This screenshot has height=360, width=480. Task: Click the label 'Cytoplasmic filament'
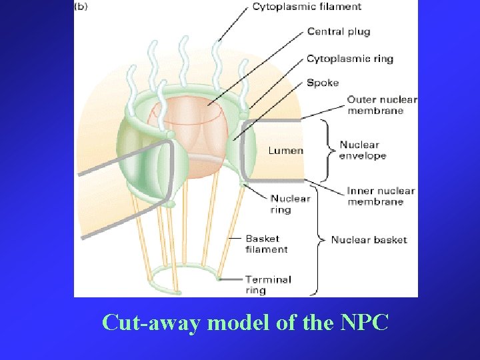pos(307,7)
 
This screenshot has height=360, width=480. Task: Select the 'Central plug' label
pos(338,31)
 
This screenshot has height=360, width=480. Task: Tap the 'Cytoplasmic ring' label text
pos(349,59)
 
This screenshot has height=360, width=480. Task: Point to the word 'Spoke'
pos(323,83)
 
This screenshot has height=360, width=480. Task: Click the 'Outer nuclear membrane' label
pos(381,105)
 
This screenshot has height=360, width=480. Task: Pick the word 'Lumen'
pos(285,151)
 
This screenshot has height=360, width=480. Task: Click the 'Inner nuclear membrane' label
pos(381,196)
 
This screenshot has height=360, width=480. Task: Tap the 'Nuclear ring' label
pos(290,204)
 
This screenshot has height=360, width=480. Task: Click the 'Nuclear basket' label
pos(369,240)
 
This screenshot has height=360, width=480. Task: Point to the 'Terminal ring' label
pos(267,285)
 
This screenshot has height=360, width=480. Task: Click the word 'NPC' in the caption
pos(363,323)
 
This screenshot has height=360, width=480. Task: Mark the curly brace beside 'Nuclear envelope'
pos(325,151)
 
